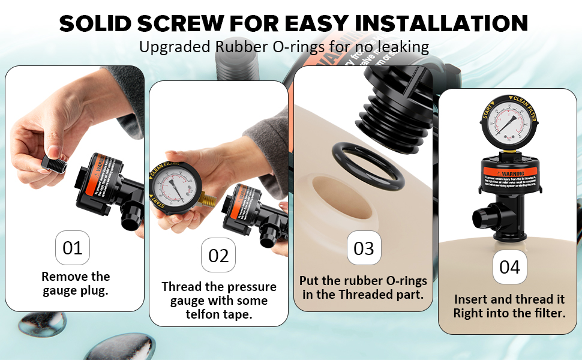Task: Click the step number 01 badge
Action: pos(73,247)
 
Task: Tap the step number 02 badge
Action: pos(218,256)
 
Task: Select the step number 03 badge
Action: pos(364,248)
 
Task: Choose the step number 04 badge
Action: pos(509,266)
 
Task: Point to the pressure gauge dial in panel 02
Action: pos(179,187)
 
